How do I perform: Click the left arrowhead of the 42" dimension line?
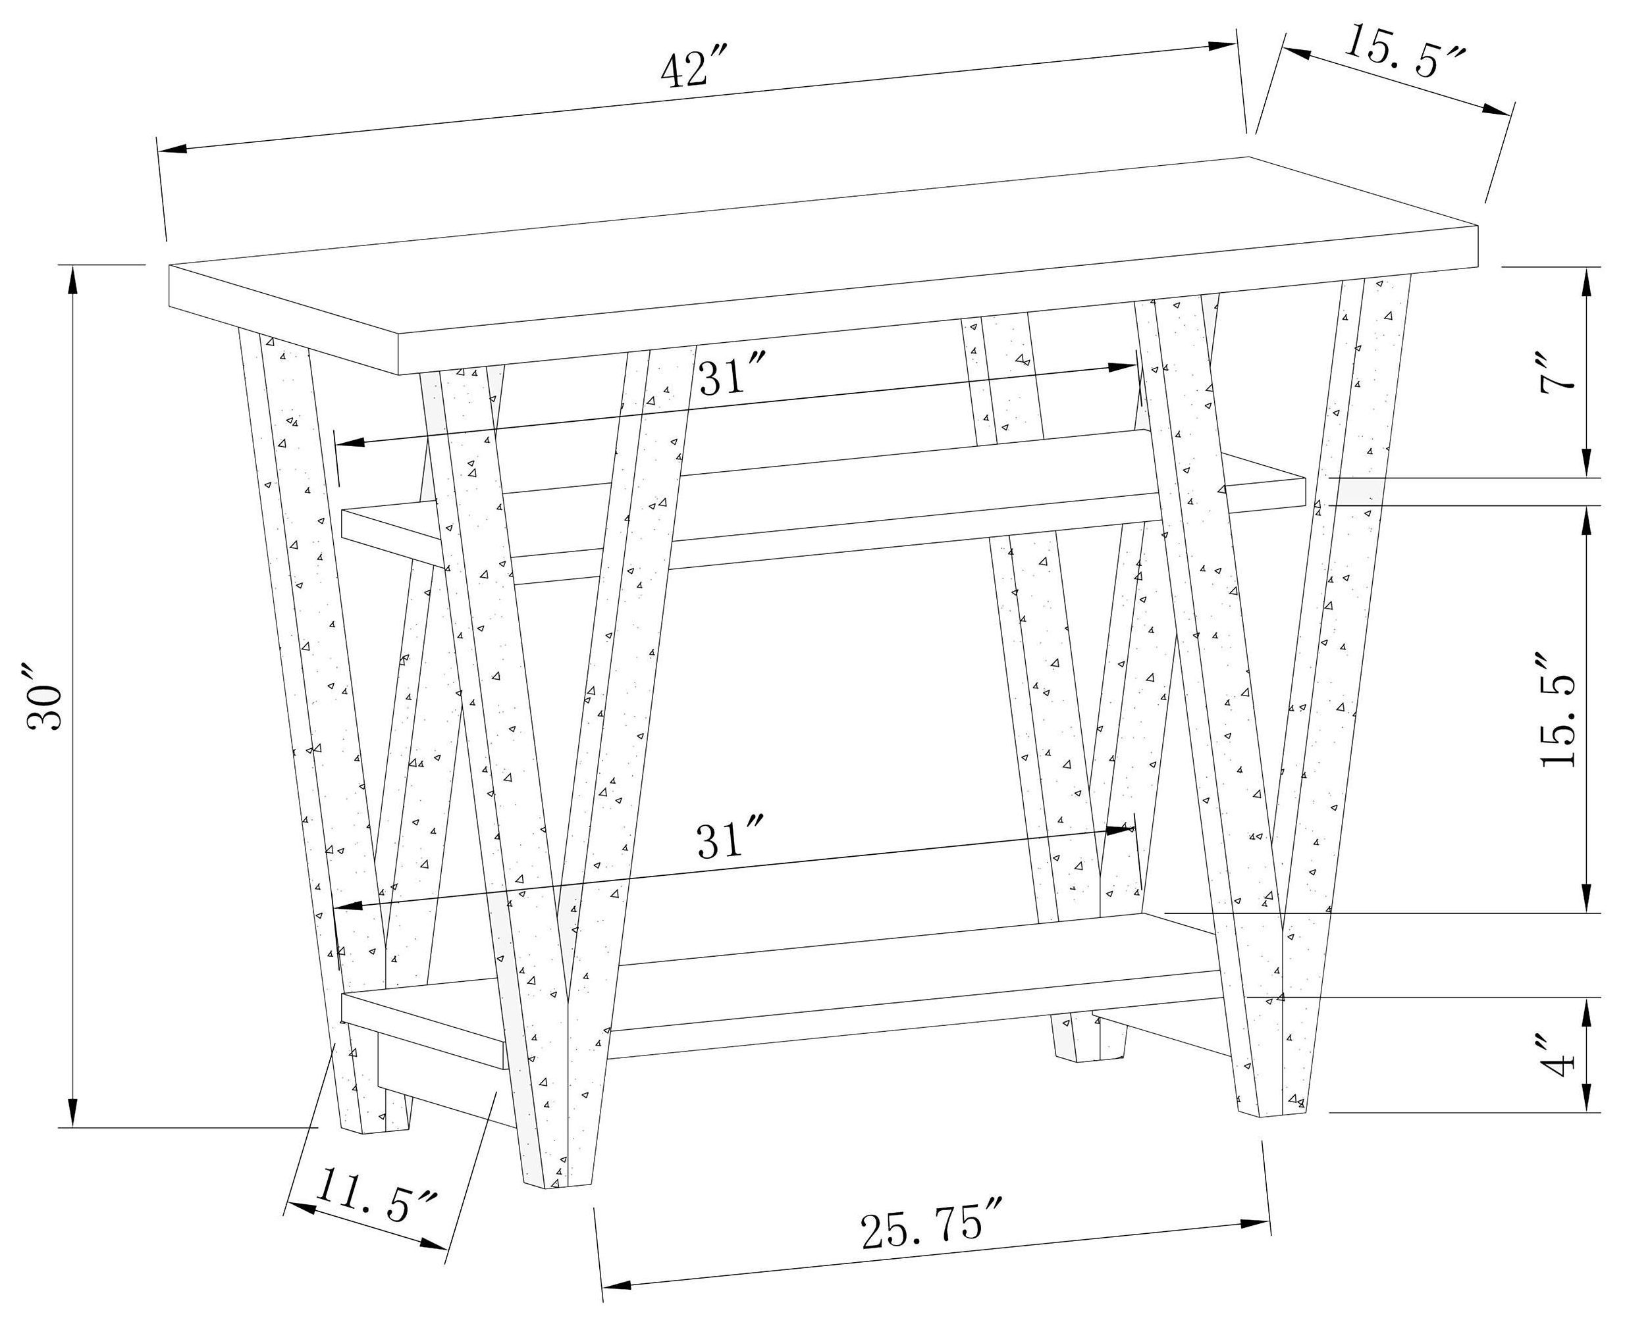click(171, 149)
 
